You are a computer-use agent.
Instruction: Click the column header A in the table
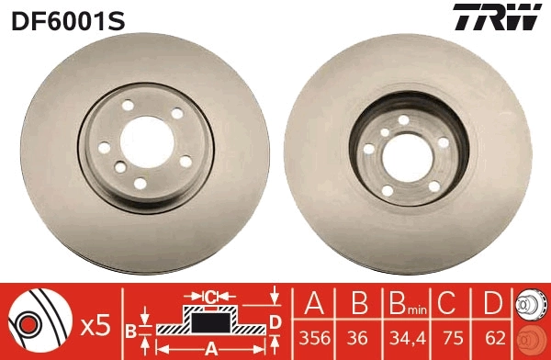point(315,303)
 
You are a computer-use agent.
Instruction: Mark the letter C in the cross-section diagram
point(208,297)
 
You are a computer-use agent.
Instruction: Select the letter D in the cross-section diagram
point(275,321)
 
